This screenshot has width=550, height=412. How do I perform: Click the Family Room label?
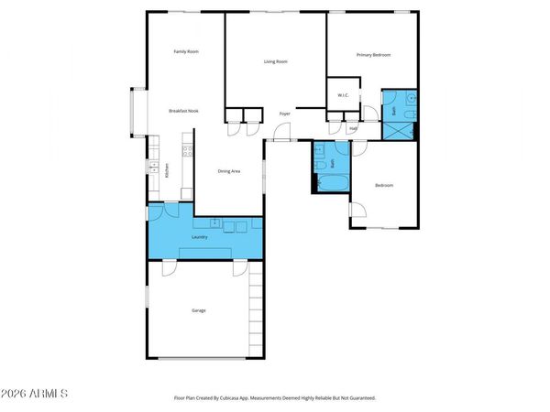186,51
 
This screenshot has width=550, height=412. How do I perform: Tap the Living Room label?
276,61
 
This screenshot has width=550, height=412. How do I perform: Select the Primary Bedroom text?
373,55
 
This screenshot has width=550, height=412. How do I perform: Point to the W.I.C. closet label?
343,95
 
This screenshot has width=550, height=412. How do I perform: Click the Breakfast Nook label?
183,111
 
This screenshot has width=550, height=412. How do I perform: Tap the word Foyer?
285,114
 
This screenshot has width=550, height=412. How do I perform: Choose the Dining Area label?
228,171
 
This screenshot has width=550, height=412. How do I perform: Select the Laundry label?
199,237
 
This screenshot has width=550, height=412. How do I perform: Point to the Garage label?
198,310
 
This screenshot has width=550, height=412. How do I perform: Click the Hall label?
353,128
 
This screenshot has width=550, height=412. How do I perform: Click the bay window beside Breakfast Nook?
136,112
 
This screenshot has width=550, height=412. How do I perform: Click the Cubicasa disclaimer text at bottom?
275,398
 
